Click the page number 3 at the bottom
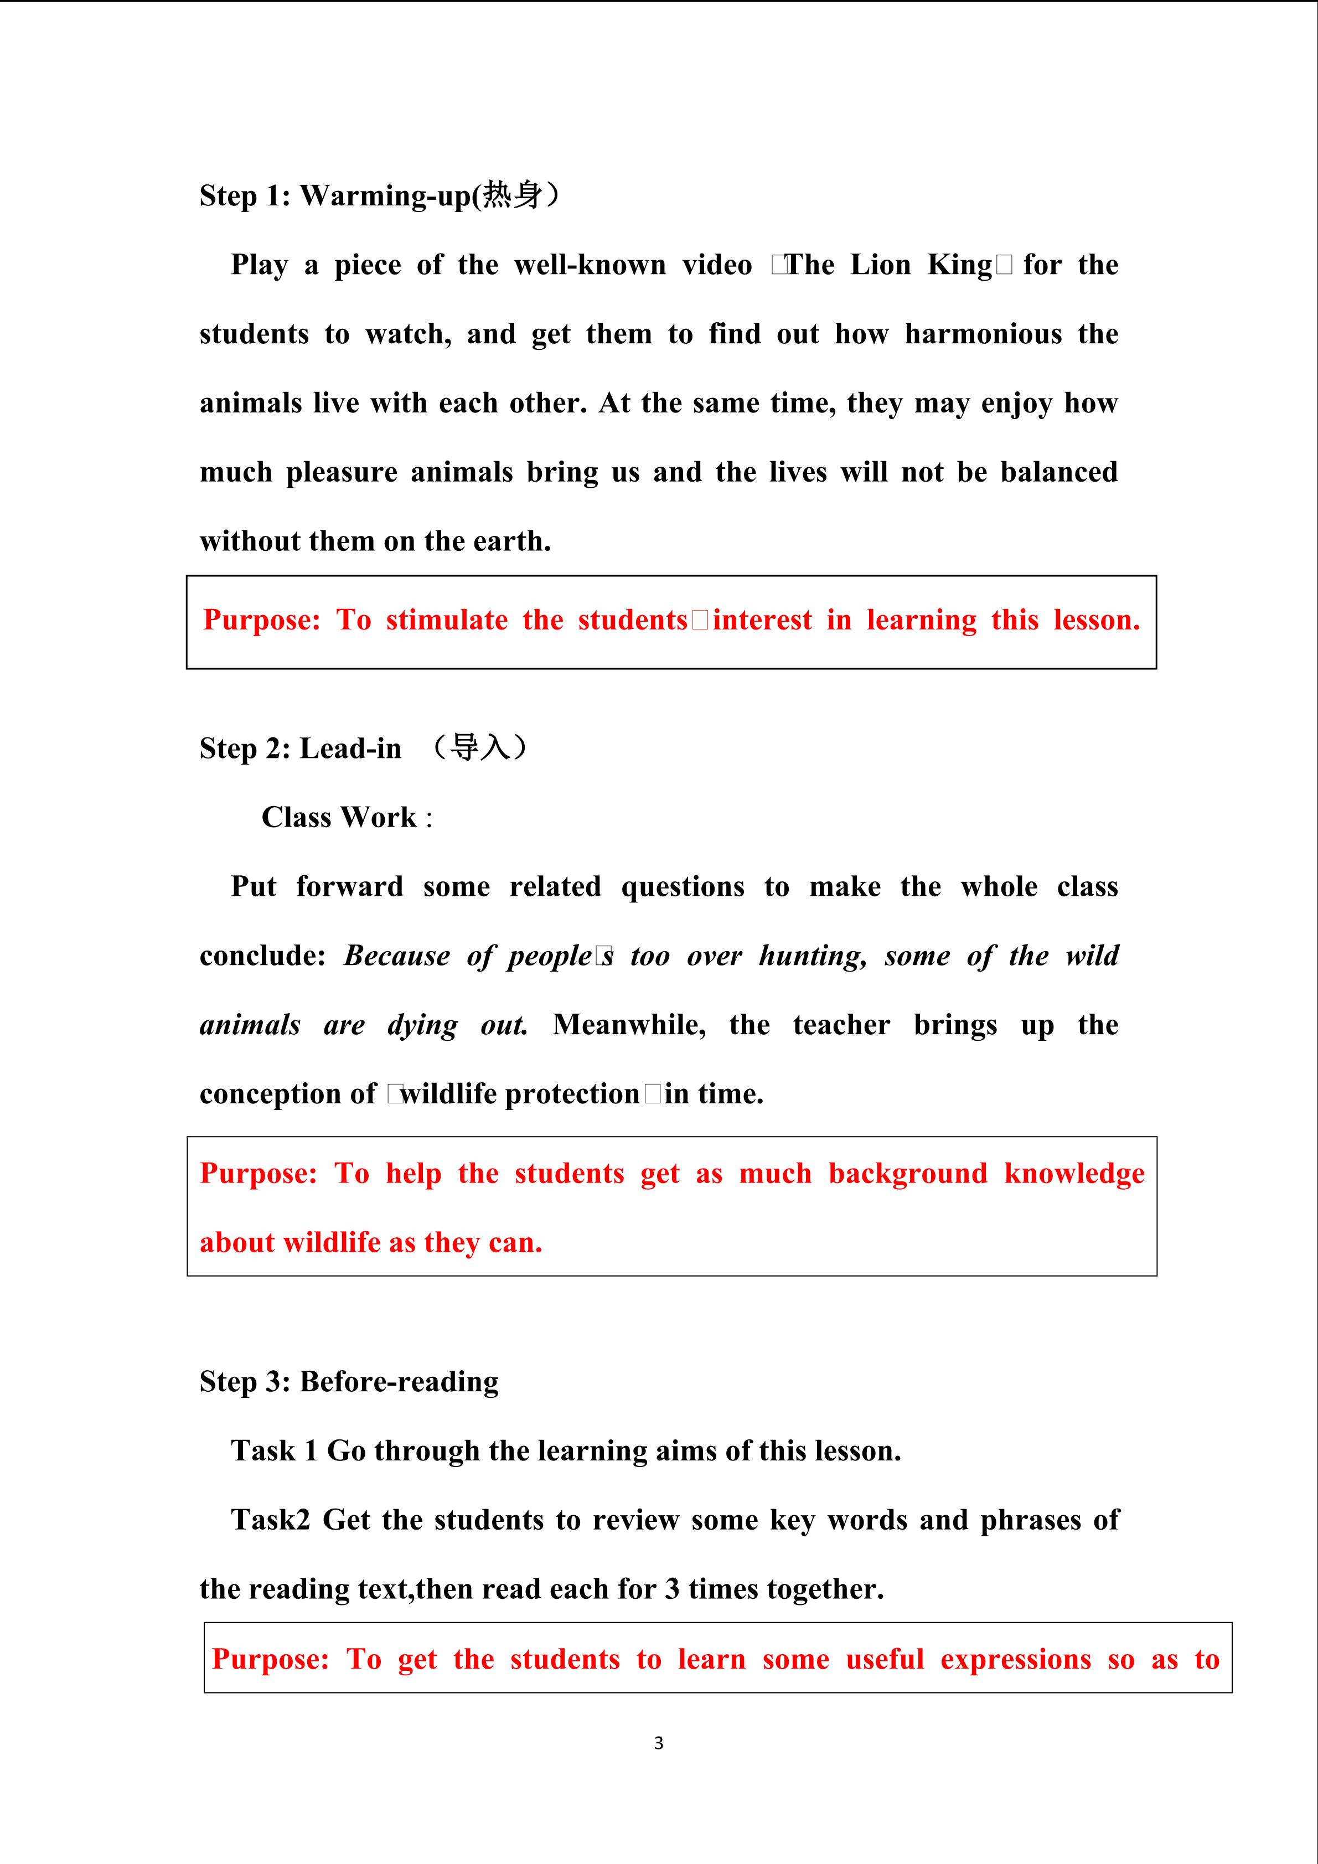coord(658,1743)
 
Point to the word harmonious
coord(983,334)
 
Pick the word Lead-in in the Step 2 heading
coord(350,748)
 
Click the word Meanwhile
coord(629,1025)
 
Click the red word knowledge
coord(1074,1174)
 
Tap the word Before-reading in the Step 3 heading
coord(399,1382)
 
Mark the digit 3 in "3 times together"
coord(672,1589)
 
